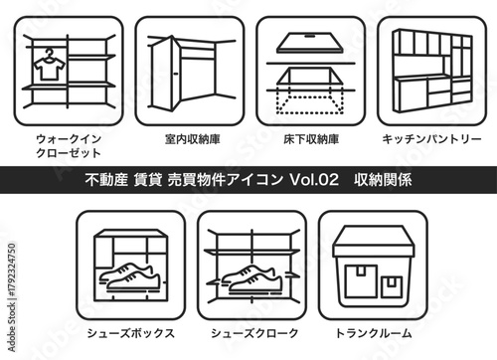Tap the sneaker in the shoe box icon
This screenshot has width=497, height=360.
126,279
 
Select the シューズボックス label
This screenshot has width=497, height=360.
130,333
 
